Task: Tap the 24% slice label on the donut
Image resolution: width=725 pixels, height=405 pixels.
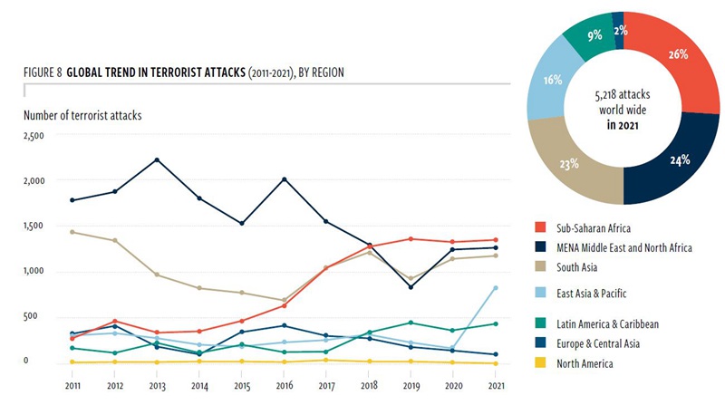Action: pyautogui.click(x=679, y=160)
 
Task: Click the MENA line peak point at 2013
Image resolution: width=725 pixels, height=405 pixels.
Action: pyautogui.click(x=157, y=160)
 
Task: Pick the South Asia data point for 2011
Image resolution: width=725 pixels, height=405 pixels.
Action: pyautogui.click(x=71, y=232)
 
